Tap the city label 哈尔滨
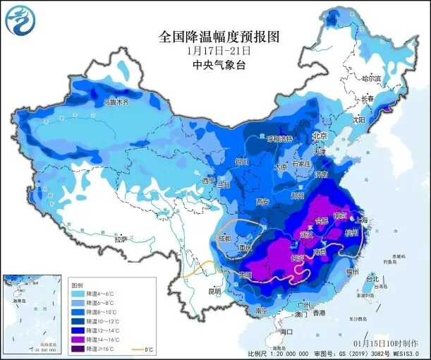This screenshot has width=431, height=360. point(370,78)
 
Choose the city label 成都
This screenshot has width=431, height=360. point(222,238)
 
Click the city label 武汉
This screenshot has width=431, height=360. point(305,234)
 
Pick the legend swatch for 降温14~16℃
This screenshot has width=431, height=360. point(78,339)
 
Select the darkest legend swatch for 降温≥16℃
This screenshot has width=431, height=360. point(78,349)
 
